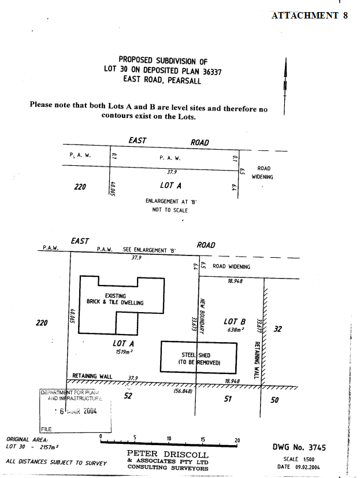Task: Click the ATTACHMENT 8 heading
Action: [309, 16]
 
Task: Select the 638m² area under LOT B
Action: [235, 330]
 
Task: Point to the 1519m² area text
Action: [124, 351]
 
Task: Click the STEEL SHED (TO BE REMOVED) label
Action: [199, 358]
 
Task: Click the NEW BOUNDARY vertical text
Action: [203, 315]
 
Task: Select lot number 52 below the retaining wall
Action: [129, 396]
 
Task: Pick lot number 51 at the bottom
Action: [227, 398]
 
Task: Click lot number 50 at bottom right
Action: [274, 399]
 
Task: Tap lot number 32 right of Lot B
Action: [277, 329]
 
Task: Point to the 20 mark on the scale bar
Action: [237, 439]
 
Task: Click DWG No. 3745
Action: [299, 447]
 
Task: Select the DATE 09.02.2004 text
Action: [299, 466]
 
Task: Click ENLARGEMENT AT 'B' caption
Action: [171, 202]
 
